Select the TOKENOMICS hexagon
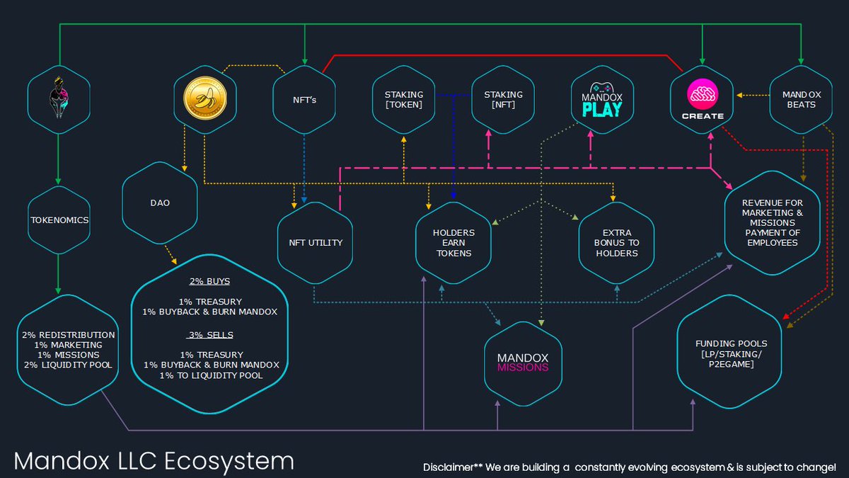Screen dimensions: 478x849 [59, 220]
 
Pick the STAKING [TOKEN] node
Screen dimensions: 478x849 [403, 100]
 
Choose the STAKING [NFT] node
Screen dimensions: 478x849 [503, 100]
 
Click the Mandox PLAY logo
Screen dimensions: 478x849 [601, 101]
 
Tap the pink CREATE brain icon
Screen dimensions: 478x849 [703, 95]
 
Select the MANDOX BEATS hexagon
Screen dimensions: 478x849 [799, 100]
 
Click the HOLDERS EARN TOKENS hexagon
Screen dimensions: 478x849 [454, 242]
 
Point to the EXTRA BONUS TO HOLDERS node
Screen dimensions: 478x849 [617, 242]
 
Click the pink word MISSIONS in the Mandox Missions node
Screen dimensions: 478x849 [523, 367]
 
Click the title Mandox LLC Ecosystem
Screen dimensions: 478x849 [154, 461]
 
